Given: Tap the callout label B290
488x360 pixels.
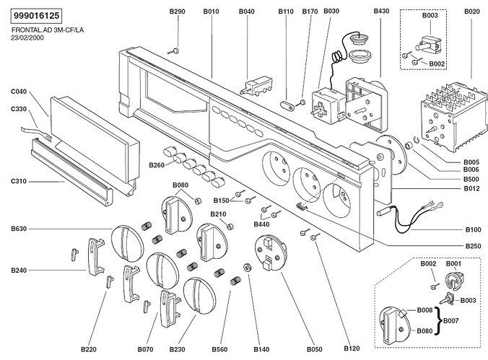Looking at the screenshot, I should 177,12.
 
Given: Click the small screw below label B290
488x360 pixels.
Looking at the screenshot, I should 175,51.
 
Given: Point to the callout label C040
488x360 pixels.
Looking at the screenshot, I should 19,92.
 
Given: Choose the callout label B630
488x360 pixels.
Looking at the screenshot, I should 19,229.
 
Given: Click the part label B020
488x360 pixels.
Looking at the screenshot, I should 471,12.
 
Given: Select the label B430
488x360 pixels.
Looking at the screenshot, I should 382,12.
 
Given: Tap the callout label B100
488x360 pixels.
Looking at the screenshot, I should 473,229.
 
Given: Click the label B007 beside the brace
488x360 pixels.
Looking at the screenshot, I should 451,320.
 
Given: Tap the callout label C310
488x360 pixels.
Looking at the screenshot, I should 19,180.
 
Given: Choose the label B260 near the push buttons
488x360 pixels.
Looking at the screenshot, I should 155,166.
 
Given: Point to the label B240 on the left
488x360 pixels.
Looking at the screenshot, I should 19,271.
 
